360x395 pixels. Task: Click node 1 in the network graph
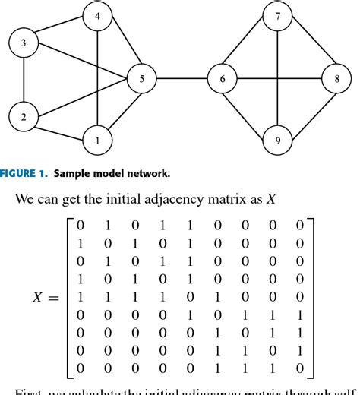[x=96, y=139]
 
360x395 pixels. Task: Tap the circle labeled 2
[x=24, y=116]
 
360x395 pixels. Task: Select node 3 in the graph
[x=24, y=44]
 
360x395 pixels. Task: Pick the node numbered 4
[x=96, y=16]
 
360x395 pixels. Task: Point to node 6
[x=223, y=79]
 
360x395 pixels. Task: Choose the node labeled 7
[x=277, y=16]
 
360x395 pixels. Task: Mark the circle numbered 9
[x=277, y=140]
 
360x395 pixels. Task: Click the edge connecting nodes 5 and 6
[x=182, y=79]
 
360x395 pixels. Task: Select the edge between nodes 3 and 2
[x=24, y=80]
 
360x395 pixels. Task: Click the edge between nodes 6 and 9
[x=250, y=109]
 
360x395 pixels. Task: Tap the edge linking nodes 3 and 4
[x=60, y=30]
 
